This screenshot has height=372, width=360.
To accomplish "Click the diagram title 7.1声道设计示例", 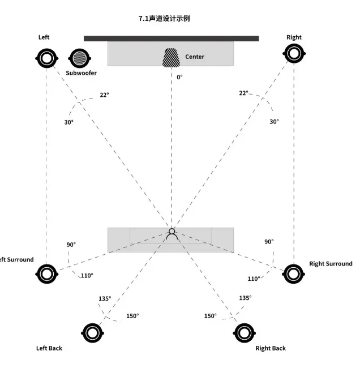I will pos(164,18).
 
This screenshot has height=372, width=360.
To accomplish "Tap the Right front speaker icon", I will pos(293,54).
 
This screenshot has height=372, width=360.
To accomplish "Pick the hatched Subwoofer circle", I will pos(79,57).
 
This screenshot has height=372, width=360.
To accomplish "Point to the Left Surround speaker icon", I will pos(46,274).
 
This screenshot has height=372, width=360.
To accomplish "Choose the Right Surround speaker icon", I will pos(293,273).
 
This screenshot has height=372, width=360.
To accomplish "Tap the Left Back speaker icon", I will pos(92,332).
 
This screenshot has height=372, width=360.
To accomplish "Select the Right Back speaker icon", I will pos(243,332).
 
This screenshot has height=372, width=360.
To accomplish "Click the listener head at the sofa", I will pos(172,232).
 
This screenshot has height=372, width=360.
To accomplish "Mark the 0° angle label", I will pos(179,77).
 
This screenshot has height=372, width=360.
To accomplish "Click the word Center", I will pos(195,57).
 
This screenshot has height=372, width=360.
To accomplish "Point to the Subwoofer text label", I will pos(81,73).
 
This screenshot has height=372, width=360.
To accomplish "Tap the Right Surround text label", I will pos(331,264).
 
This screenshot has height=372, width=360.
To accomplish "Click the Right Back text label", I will pos(271,348).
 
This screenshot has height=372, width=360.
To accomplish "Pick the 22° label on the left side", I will pos(104,95).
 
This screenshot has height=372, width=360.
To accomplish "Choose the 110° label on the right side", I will pos(254,279).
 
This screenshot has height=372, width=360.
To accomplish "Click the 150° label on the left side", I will pos(132,316).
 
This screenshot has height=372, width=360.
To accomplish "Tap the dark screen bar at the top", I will pos(171,39).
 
